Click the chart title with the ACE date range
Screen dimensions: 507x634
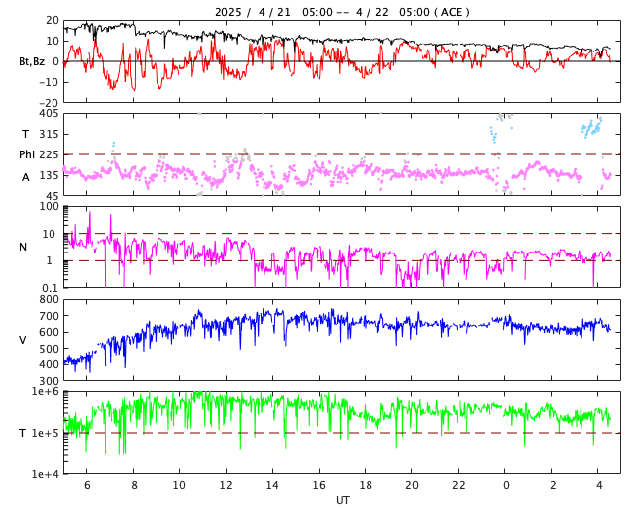[x=342, y=12]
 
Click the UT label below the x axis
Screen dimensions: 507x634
[x=342, y=500]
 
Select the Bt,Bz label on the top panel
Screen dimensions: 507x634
[x=32, y=61]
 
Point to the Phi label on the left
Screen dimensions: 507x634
[x=27, y=154]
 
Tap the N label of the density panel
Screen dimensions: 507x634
[x=23, y=247]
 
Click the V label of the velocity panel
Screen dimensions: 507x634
[x=23, y=340]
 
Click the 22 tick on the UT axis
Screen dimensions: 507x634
[x=459, y=485]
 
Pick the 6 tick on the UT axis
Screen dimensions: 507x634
[x=87, y=485]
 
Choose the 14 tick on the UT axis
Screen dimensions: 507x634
[x=272, y=485]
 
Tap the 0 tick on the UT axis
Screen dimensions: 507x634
[x=506, y=485]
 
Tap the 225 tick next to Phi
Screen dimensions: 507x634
[x=50, y=154]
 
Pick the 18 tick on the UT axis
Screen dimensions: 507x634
[x=366, y=485]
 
